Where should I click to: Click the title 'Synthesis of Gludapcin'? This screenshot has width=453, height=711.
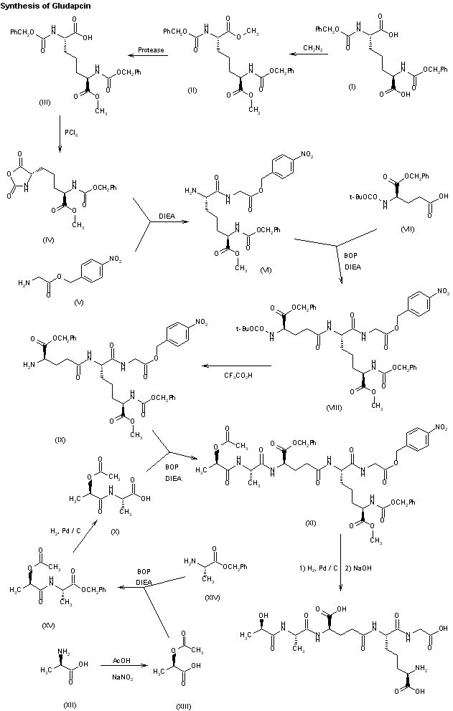45,6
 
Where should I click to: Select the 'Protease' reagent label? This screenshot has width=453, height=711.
151,50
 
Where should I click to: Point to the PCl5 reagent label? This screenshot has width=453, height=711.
71,133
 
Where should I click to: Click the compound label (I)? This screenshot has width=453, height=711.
352,87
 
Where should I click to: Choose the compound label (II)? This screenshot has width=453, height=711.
192,90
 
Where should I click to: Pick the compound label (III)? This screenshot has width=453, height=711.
45,102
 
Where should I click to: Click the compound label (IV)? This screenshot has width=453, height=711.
48,240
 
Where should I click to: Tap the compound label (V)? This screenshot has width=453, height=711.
78,302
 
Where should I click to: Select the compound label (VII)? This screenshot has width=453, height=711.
408,229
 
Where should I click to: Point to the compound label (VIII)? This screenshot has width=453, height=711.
334,408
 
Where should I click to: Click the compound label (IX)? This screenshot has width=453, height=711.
60,440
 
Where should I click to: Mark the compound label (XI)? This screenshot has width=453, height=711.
310,523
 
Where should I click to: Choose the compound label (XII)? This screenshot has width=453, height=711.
70,705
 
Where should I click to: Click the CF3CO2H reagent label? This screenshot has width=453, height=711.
238,376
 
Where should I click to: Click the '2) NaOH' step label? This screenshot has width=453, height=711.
358,568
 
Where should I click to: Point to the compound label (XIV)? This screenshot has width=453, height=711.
212,598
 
